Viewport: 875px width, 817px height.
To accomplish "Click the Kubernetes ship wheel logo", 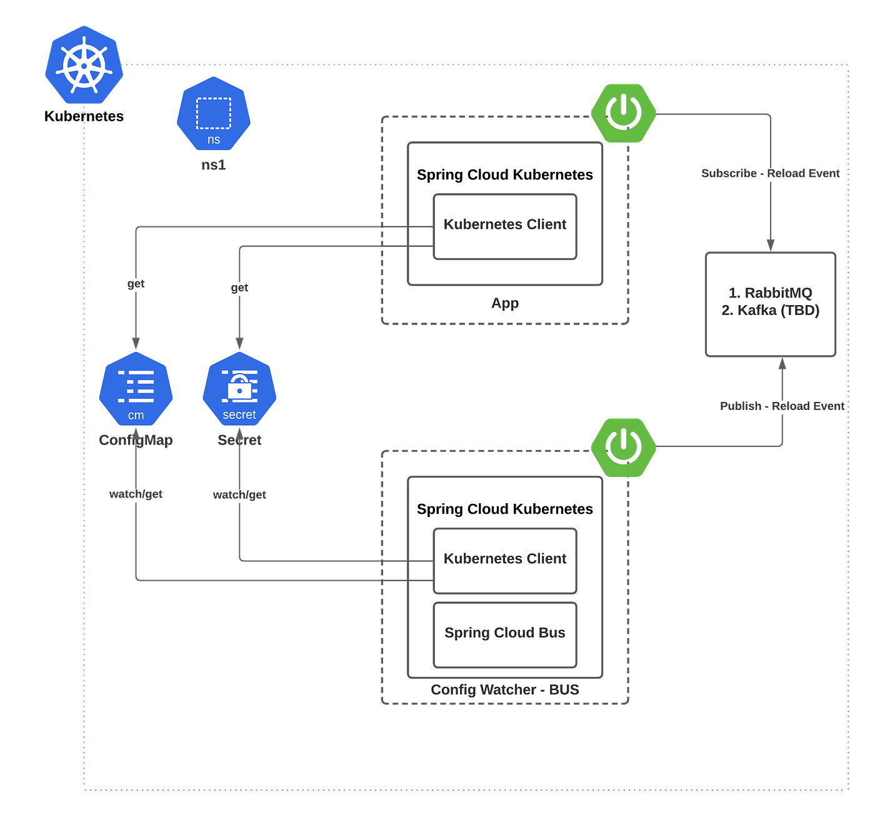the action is click(x=84, y=65).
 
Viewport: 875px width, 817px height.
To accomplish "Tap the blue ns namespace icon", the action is click(x=213, y=113).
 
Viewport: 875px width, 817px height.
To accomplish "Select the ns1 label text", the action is click(x=213, y=165).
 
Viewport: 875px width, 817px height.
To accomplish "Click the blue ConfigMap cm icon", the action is click(x=136, y=388).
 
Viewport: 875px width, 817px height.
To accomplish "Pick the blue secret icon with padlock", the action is click(x=239, y=388).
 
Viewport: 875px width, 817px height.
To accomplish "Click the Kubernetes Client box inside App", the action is click(x=504, y=226).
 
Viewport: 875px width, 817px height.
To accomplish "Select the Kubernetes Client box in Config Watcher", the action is click(x=504, y=561).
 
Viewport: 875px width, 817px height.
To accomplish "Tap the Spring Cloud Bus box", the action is click(x=504, y=634).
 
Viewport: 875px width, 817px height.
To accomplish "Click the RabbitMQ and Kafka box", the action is click(x=770, y=304).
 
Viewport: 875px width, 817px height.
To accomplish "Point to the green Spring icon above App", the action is click(x=623, y=113).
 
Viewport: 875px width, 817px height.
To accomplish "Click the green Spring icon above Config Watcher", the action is click(x=623, y=448).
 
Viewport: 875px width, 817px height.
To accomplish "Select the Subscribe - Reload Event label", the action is click(x=770, y=173).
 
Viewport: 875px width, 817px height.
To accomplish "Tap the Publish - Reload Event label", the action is click(x=782, y=406).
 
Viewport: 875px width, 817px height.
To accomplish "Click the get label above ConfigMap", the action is click(x=136, y=283).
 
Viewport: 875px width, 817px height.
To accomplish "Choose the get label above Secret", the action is click(x=239, y=288).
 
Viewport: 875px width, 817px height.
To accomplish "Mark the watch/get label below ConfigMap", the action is click(x=136, y=494).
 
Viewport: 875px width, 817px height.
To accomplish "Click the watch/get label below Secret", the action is click(x=239, y=494).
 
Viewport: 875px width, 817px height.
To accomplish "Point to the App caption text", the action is click(x=504, y=303).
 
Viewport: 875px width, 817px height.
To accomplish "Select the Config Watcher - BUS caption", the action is click(x=504, y=689).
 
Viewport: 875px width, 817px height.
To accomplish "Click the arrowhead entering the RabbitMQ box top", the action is click(x=770, y=245).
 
